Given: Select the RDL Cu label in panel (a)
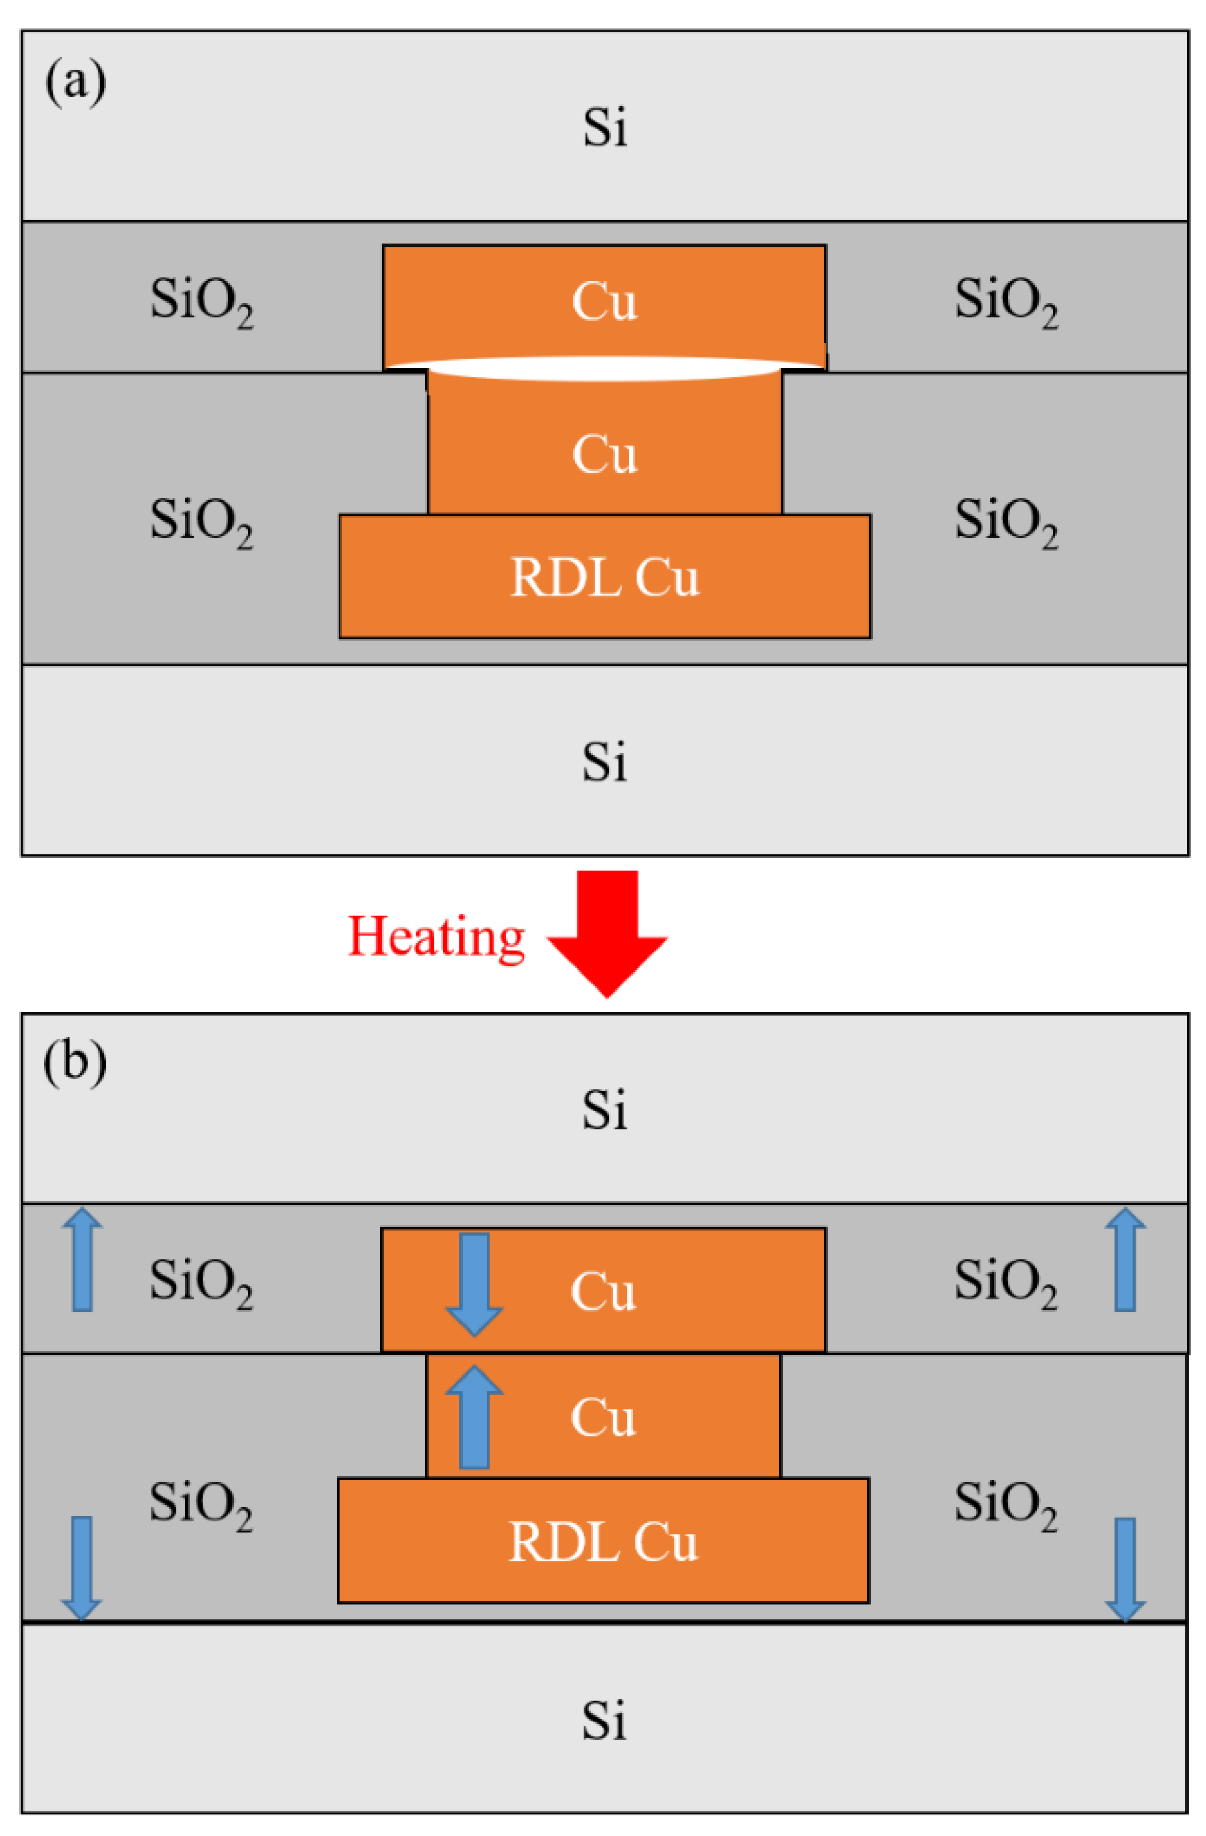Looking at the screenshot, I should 604,577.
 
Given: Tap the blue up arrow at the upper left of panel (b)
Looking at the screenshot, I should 82,1259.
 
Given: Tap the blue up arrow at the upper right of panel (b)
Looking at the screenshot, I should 1124,1259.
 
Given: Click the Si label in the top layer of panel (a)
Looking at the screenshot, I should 604,127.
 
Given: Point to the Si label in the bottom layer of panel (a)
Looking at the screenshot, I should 604,761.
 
